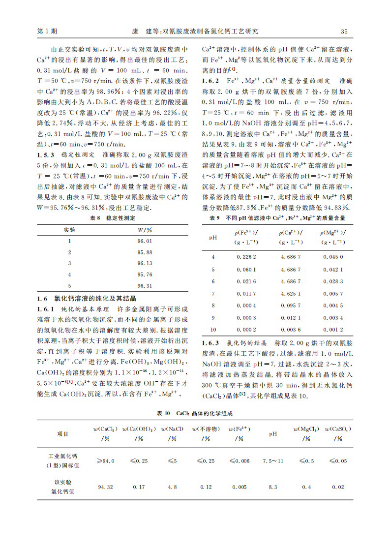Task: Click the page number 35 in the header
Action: tap(344, 31)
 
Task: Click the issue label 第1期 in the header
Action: tap(47, 31)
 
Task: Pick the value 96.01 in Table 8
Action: tap(145, 241)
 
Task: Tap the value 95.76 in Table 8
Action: tap(145, 275)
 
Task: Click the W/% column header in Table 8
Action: tap(145, 230)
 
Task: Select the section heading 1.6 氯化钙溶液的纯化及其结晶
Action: tap(87, 298)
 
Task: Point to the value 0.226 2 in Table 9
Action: tap(246, 257)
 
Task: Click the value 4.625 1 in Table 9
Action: tap(291, 293)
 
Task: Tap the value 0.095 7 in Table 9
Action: tap(291, 306)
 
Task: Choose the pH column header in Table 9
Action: tap(213, 237)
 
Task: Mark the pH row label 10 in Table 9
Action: tap(213, 330)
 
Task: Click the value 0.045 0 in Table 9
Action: tap(333, 257)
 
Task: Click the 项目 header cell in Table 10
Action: tap(63, 434)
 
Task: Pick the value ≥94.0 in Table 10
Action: tap(105, 461)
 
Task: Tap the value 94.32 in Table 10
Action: tap(105, 487)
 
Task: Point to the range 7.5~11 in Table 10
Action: tap(273, 461)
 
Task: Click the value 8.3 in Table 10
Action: tap(273, 487)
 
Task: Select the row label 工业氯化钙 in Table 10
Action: tap(63, 457)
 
